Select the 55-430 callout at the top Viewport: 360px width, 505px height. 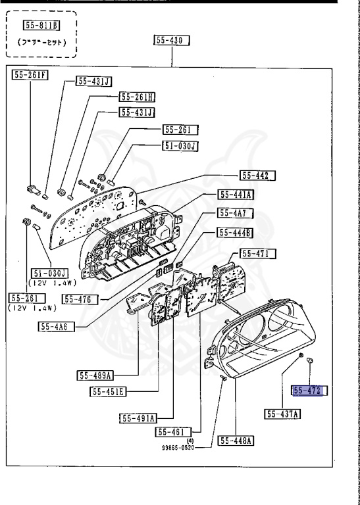[x=172, y=41]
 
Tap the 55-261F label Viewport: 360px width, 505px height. [x=30, y=75]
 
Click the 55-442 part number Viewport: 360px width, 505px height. [x=257, y=176]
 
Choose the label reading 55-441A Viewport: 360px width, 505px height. [x=237, y=195]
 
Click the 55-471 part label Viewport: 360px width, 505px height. [x=258, y=253]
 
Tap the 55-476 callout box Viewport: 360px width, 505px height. [x=80, y=299]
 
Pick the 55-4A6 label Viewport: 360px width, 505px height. [x=56, y=326]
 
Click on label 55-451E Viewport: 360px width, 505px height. [x=109, y=392]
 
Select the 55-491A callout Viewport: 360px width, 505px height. [x=138, y=418]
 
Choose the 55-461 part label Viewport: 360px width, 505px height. [x=172, y=431]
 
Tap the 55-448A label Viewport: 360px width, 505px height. [x=236, y=441]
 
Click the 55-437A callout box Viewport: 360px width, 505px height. [x=283, y=414]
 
